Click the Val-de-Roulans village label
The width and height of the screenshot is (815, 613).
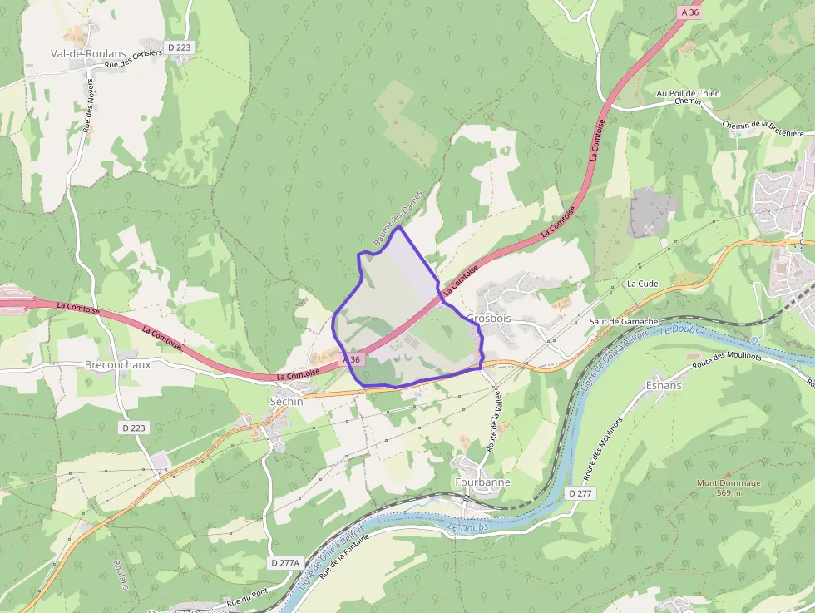[x=88, y=53]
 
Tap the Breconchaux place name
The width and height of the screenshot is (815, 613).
[x=117, y=364]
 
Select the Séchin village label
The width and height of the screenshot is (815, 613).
[x=285, y=400]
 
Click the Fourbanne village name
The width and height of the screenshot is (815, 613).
[x=482, y=482]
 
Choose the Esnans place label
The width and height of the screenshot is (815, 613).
[x=664, y=385]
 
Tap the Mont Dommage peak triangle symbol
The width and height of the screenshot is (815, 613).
[x=729, y=473]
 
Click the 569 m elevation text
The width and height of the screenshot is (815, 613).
[x=729, y=492]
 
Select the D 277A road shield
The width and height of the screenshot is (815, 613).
[x=284, y=563]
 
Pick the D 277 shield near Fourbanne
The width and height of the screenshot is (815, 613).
[x=581, y=493]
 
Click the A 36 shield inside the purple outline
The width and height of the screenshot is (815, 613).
[x=352, y=359]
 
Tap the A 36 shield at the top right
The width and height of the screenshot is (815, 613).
[x=689, y=12]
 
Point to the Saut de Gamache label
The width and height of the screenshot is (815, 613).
[x=624, y=321]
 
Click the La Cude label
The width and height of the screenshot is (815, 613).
[x=642, y=284]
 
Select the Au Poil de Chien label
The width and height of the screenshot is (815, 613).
[x=688, y=94]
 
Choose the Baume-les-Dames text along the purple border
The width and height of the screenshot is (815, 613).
[x=398, y=218]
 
